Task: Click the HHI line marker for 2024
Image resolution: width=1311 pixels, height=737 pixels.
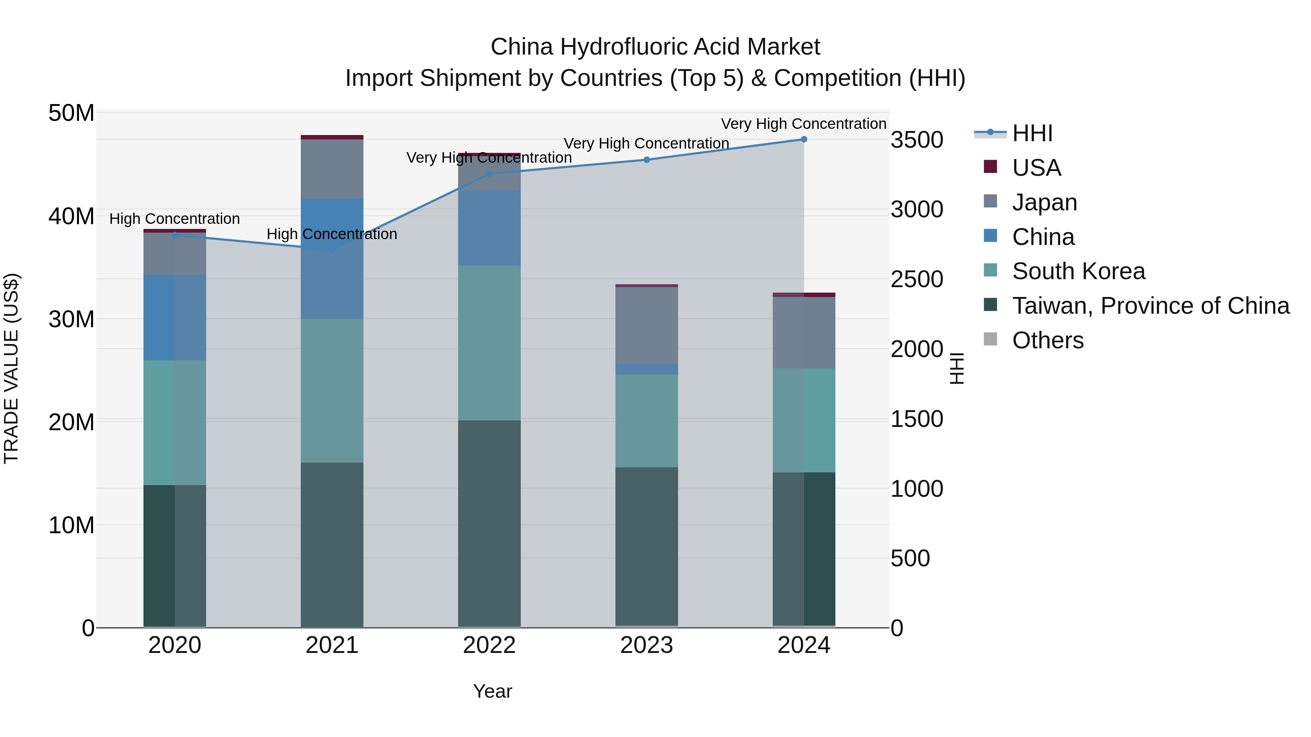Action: [x=804, y=139]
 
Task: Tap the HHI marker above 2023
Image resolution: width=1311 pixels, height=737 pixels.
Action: [x=646, y=160]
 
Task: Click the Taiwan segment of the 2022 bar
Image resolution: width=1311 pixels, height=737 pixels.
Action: [x=489, y=524]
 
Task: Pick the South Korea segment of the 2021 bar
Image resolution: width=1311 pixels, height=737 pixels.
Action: [x=332, y=391]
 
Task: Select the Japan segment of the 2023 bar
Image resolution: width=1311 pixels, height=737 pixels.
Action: [x=646, y=325]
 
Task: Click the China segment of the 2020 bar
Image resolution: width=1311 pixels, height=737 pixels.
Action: [x=174, y=317]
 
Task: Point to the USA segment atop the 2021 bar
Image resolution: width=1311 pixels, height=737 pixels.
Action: [x=332, y=137]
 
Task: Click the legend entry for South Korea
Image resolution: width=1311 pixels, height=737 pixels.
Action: [x=1078, y=271]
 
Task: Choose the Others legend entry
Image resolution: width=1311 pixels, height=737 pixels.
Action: [x=1047, y=340]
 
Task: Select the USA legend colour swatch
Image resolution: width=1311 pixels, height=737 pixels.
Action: [x=991, y=167]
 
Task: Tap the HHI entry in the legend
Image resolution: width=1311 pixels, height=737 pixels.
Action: [x=1032, y=133]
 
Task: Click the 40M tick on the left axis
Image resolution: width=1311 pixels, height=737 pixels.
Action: [x=71, y=217]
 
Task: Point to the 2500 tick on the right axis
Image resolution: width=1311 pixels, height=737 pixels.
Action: [x=917, y=279]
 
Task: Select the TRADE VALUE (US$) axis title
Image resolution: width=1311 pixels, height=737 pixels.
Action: [x=11, y=368]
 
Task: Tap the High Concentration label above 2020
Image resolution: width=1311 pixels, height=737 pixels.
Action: [x=174, y=219]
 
